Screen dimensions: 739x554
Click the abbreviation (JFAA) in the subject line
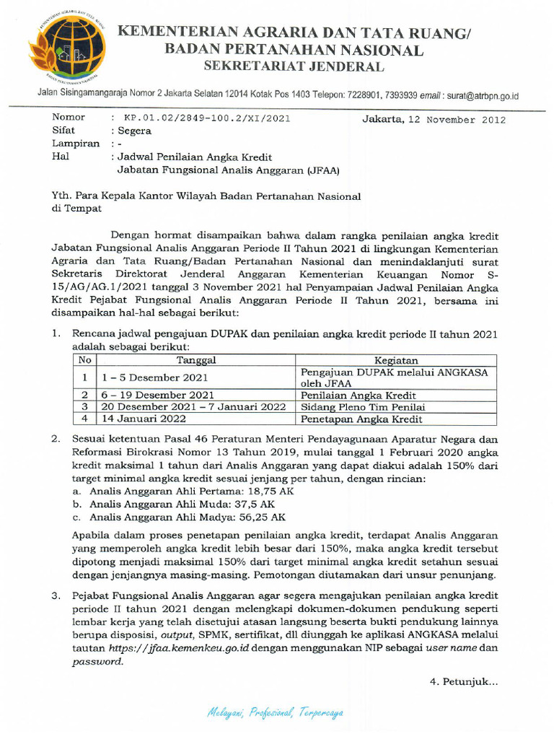click(x=322, y=170)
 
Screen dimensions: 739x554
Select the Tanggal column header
click(x=196, y=360)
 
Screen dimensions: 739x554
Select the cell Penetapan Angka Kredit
click(x=361, y=419)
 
